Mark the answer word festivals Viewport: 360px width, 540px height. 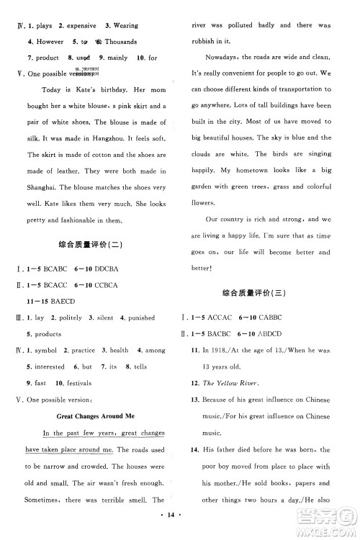pos(78,382)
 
